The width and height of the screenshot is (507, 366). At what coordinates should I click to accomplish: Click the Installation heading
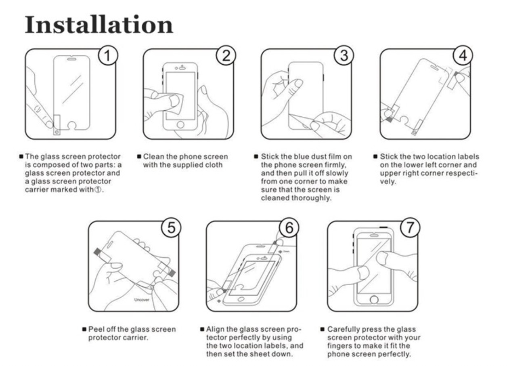(x=99, y=25)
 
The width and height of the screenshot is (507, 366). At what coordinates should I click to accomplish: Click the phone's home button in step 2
(x=180, y=124)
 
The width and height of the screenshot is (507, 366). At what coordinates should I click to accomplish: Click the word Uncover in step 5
(x=142, y=300)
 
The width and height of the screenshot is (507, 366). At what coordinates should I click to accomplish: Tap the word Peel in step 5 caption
(x=96, y=329)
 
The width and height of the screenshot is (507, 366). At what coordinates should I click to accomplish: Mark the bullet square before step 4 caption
(x=375, y=156)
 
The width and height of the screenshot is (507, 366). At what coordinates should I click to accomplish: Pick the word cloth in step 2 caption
(x=214, y=165)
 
